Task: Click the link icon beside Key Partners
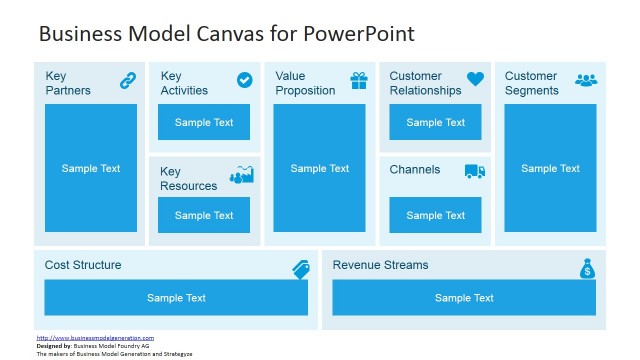pyautogui.click(x=127, y=80)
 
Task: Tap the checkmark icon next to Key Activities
pyautogui.click(x=244, y=80)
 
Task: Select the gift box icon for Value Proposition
pyautogui.click(x=359, y=80)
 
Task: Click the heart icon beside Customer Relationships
pyautogui.click(x=475, y=79)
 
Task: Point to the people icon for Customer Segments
pyautogui.click(x=586, y=79)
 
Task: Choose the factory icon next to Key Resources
pyautogui.click(x=241, y=175)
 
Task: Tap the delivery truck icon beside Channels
pyautogui.click(x=475, y=171)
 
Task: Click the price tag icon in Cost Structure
pyautogui.click(x=301, y=268)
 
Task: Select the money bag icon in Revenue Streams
pyautogui.click(x=587, y=268)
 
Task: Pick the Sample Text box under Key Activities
pyautogui.click(x=204, y=122)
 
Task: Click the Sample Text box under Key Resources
pyautogui.click(x=204, y=215)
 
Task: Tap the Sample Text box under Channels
pyautogui.click(x=435, y=215)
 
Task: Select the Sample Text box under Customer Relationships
pyautogui.click(x=435, y=122)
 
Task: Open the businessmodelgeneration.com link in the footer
pyautogui.click(x=95, y=338)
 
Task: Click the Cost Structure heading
pyautogui.click(x=83, y=265)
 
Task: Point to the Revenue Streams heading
pyautogui.click(x=380, y=265)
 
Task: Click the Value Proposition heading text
pyautogui.click(x=305, y=83)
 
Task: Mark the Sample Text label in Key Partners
pyautogui.click(x=91, y=168)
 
